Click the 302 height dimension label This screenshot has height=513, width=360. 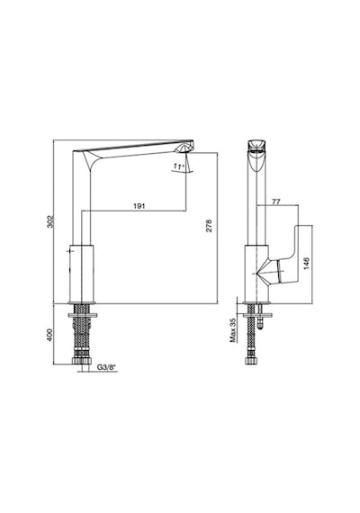(50, 221)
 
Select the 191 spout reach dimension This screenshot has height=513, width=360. (139, 206)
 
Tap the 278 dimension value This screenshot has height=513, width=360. (209, 226)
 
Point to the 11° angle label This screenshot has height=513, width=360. (178, 166)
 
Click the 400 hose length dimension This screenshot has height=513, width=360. (50, 335)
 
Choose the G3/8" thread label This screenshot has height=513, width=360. (107, 367)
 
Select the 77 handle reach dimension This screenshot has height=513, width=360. (276, 202)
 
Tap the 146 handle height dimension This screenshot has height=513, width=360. (307, 264)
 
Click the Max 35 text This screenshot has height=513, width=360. (233, 330)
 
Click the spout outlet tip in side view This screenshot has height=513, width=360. (185, 149)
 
